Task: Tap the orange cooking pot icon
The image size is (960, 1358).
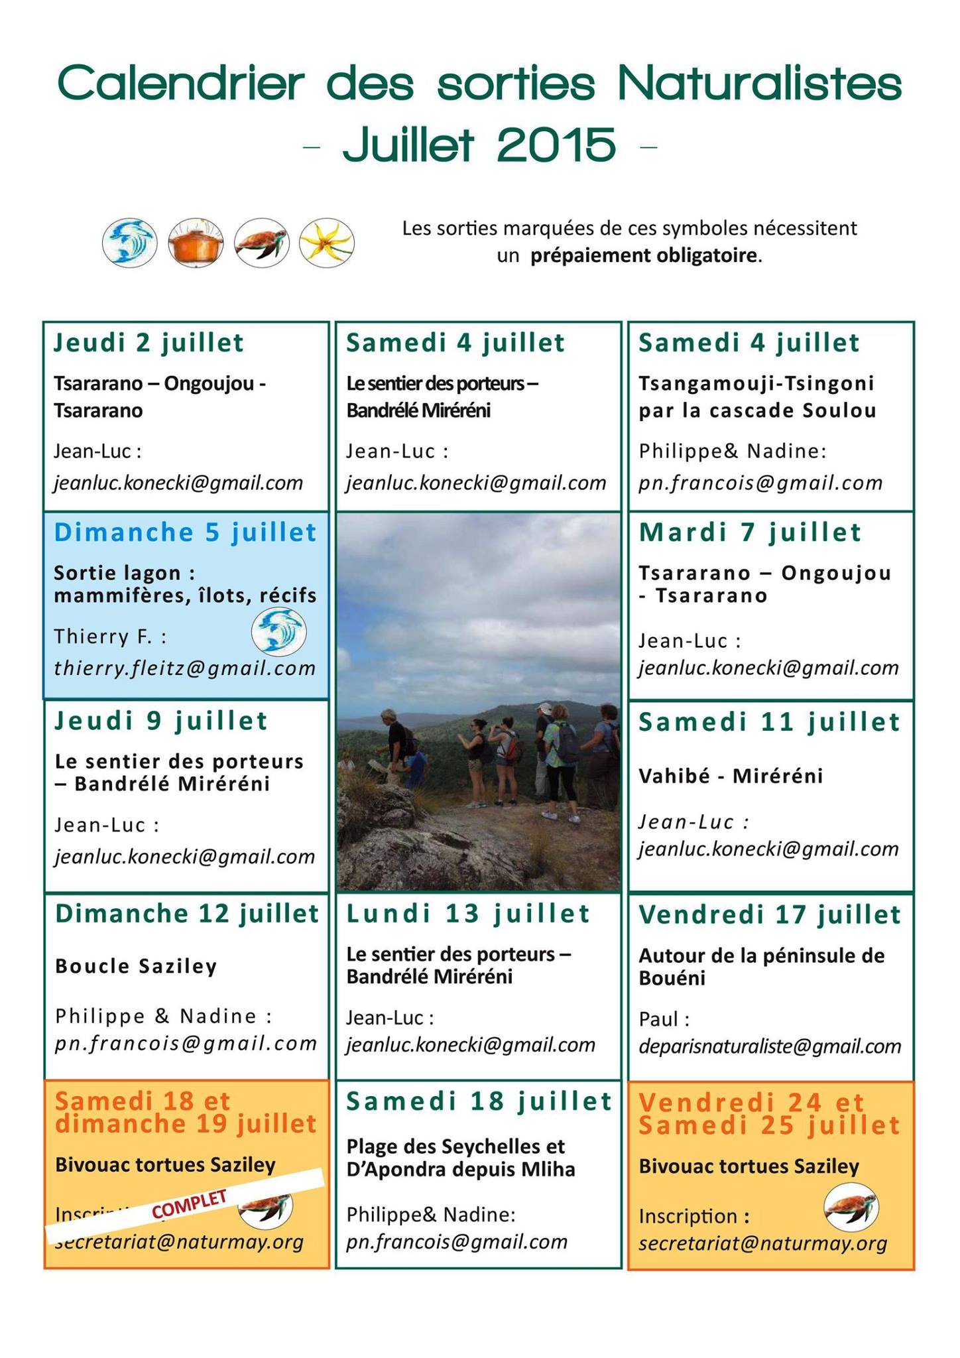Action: coord(196,243)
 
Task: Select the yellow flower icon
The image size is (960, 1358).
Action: coord(326,243)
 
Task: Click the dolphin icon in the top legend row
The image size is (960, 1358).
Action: coord(130,243)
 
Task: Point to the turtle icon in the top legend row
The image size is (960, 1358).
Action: coord(262,243)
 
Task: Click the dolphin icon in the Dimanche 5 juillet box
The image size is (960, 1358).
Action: coord(278,632)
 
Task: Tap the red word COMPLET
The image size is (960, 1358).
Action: coord(190,1204)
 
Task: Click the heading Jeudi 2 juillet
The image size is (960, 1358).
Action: coord(149,343)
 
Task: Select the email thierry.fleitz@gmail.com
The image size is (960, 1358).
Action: coord(185,668)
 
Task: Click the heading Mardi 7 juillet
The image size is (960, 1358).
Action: coord(750,532)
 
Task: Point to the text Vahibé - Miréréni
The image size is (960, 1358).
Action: coord(731,775)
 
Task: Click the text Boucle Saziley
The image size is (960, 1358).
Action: coord(137,966)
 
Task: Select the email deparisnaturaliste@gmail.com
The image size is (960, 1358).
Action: coord(770,1046)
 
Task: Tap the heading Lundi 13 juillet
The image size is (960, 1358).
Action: coord(468,914)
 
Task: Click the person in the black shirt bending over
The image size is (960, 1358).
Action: coord(397,743)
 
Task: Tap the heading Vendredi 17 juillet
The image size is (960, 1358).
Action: coord(770,915)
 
